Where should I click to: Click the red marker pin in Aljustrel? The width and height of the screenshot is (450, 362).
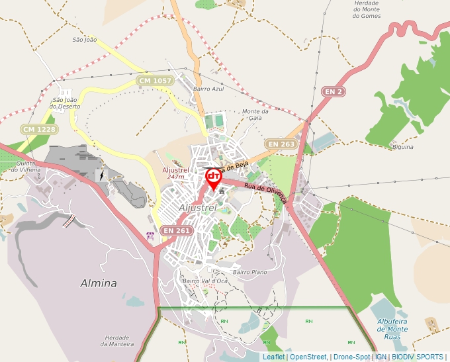(213, 177)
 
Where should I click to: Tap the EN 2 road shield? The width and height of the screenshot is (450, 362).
(334, 91)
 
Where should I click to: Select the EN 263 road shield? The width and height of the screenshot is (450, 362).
(281, 144)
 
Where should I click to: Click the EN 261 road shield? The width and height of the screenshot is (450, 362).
(177, 230)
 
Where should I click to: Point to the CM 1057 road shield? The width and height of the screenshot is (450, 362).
(155, 81)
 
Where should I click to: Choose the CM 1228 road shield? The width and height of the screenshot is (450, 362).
(38, 129)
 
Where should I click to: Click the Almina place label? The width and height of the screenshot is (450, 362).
(98, 283)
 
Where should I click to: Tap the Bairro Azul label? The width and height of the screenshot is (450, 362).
(208, 89)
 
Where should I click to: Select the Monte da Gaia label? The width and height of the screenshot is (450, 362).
(255, 115)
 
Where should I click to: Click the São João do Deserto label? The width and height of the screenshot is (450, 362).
(66, 103)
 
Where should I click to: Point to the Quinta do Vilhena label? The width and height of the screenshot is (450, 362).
(26, 167)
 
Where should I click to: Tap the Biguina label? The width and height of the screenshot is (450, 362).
(402, 147)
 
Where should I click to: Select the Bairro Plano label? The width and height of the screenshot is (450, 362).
(249, 272)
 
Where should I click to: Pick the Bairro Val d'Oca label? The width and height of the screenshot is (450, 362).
(205, 281)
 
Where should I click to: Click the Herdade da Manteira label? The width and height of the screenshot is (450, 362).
(117, 340)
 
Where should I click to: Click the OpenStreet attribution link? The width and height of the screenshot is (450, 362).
(308, 357)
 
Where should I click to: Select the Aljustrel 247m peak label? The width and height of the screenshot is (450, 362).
(176, 173)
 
